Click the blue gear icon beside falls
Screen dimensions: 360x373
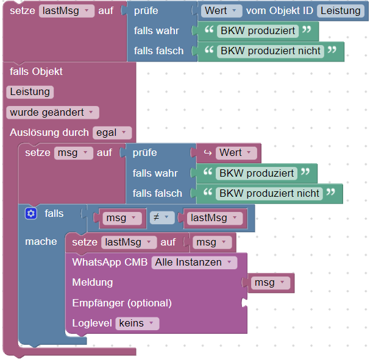pos(31,214)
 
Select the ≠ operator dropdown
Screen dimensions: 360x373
pos(162,218)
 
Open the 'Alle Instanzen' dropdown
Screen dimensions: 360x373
pos(194,263)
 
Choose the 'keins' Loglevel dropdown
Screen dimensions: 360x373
pos(137,323)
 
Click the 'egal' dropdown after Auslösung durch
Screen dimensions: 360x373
pos(113,132)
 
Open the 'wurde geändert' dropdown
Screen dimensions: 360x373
pos(53,113)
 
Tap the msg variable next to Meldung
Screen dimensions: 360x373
pos(268,283)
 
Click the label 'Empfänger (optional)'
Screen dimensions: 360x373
pos(122,303)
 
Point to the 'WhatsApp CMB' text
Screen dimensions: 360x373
pos(109,263)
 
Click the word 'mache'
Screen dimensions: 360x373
pos(41,242)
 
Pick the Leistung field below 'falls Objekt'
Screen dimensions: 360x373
pos(30,92)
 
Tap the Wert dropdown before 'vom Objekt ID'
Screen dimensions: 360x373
pos(222,11)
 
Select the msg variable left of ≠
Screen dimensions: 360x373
pos(119,218)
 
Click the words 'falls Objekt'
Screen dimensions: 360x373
pos(37,72)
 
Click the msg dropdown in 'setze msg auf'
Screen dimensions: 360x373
pos(73,153)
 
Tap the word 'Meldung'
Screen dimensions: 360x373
pos(92,283)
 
